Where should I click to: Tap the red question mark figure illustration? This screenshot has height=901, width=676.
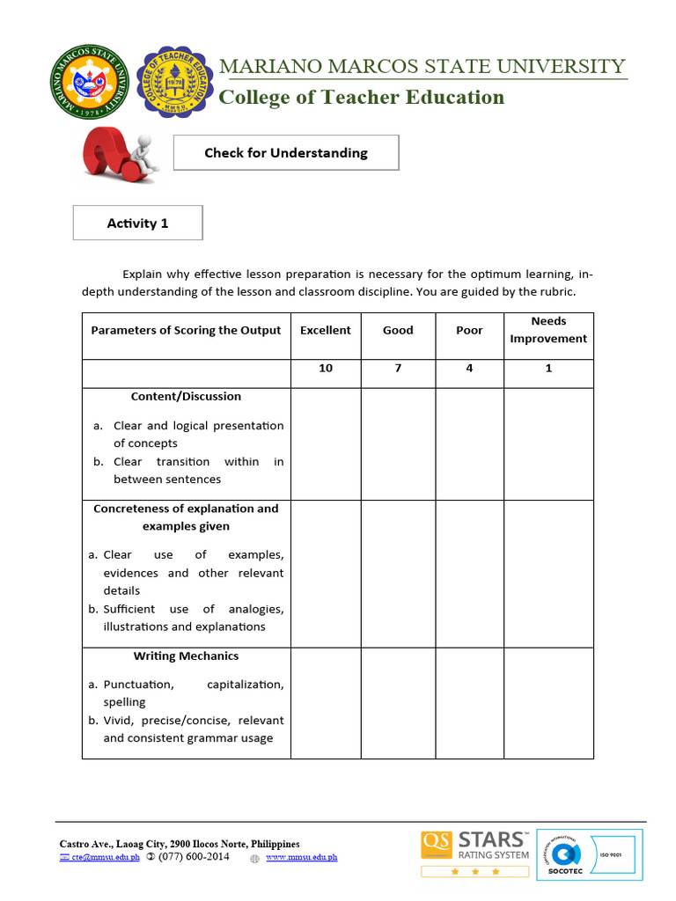119,154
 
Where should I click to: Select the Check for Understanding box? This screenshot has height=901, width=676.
286,153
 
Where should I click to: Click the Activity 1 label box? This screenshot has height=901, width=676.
137,223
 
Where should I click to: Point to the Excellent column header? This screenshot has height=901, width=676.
326,330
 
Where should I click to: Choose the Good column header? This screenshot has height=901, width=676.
398,330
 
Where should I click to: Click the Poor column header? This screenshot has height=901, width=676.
469,330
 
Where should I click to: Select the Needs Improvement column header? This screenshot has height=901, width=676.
548,330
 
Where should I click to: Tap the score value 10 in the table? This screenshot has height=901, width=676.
326,368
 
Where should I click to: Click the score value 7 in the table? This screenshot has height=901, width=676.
398,368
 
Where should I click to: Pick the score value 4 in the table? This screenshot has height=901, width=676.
469,368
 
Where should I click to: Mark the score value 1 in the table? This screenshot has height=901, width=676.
548,368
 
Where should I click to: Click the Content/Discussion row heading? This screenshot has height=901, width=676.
186,397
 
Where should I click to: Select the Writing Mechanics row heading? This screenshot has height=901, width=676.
186,656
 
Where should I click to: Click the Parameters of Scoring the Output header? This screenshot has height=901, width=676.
186,330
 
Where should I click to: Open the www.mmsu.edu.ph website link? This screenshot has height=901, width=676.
301,857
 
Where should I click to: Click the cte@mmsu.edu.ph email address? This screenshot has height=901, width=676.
105,857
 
